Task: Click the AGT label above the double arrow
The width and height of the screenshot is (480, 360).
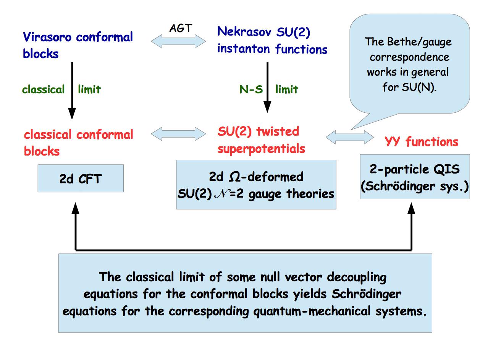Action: click(x=181, y=28)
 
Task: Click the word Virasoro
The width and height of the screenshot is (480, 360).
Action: click(x=47, y=37)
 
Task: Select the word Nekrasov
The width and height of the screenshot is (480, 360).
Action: click(x=244, y=31)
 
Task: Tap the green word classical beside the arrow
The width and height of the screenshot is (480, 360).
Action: click(x=43, y=89)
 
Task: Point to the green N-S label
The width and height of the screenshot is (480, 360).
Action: click(x=251, y=89)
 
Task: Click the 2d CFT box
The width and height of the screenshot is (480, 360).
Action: click(x=81, y=178)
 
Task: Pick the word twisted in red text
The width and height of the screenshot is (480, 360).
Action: click(x=278, y=131)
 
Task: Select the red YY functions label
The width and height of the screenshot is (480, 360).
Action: click(x=422, y=142)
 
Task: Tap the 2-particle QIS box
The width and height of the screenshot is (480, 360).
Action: click(x=415, y=177)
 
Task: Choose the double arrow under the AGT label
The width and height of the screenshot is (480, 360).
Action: click(x=178, y=41)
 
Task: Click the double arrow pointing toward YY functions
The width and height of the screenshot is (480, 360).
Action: click(x=350, y=137)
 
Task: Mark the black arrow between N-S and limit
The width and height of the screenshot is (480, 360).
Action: click(x=267, y=87)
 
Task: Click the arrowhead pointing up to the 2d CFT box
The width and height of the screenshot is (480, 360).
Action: click(x=76, y=208)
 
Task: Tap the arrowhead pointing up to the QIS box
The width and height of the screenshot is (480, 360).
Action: click(x=411, y=208)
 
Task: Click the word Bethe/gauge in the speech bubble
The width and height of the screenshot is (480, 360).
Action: click(x=419, y=42)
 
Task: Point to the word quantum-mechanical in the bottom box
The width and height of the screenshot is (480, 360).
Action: click(x=312, y=311)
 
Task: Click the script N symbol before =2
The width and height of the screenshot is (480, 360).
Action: click(x=222, y=194)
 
